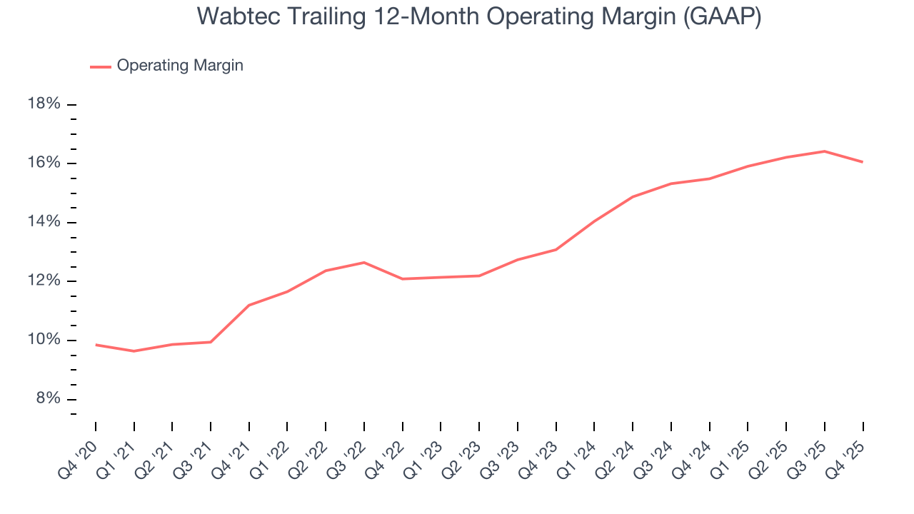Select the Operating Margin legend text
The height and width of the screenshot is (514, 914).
(x=180, y=66)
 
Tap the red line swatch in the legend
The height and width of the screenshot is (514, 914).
(x=101, y=66)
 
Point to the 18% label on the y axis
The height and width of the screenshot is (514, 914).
(x=44, y=104)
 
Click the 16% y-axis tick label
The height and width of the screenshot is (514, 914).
(x=44, y=163)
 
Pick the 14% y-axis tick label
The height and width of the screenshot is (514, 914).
(x=44, y=222)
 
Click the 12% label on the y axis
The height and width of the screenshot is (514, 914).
(x=44, y=281)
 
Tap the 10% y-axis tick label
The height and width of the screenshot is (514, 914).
(x=44, y=340)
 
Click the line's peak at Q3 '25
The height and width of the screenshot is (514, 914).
(x=824, y=151)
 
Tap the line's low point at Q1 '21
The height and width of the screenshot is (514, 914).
(x=134, y=351)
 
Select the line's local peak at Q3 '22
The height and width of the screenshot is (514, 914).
(x=364, y=263)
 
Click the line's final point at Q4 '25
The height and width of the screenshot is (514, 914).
(x=863, y=162)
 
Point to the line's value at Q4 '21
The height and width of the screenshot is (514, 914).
(x=248, y=306)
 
